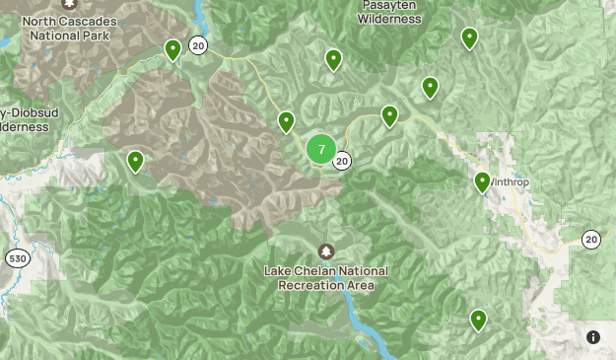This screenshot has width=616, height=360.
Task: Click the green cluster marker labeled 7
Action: [x=321, y=149]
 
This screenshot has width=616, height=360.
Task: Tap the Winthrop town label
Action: [x=511, y=183]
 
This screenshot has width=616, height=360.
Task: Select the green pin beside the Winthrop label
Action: [x=482, y=181]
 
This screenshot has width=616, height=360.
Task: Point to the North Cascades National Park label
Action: [x=68, y=29]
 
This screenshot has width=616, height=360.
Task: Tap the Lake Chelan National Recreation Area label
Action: [x=326, y=278]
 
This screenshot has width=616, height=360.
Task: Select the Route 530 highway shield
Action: [x=16, y=258]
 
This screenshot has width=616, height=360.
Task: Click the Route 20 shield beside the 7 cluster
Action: [x=342, y=161]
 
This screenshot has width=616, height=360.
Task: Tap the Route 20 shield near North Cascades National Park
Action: [x=198, y=45]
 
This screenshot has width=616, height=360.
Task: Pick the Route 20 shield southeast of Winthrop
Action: [x=590, y=239]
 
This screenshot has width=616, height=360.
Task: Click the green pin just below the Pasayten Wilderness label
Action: [x=333, y=59]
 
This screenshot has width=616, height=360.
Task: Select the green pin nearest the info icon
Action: [x=478, y=319]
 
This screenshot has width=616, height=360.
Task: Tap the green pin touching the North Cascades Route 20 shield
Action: [x=172, y=48]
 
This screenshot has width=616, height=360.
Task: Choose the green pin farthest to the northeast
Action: [x=469, y=37]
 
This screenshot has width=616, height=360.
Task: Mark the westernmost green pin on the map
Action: [x=135, y=161]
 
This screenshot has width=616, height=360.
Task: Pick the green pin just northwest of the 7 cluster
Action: [x=286, y=121]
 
